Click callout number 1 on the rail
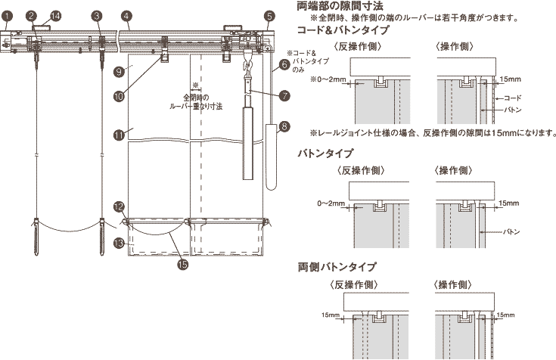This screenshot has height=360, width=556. [x=6, y=15]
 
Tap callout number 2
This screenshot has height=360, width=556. [x=30, y=15]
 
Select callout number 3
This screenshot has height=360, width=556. [x=96, y=15]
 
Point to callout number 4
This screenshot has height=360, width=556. [x=126, y=15]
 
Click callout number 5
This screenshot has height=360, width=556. [x=270, y=15]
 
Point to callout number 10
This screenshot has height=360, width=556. [x=119, y=96]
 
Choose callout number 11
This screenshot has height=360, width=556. [x=119, y=135]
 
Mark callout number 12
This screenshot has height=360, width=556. [x=119, y=206]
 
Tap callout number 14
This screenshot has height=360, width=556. [x=55, y=15]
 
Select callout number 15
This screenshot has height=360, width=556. [x=182, y=264]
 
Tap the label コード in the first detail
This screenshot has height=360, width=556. [x=513, y=98]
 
